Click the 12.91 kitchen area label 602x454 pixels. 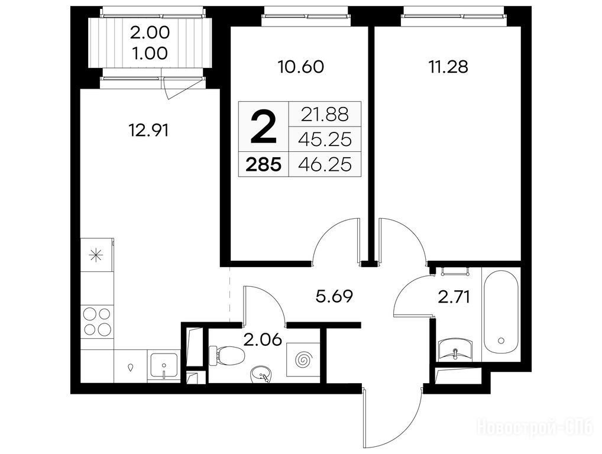(x=149, y=131)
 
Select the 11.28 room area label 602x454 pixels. (x=448, y=67)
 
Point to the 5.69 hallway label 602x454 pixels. (x=334, y=296)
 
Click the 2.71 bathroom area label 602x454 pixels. (x=454, y=297)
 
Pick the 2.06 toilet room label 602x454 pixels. (x=266, y=340)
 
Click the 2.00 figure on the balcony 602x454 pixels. (x=150, y=33)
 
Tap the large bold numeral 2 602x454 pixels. (x=263, y=127)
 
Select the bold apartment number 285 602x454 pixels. (x=263, y=165)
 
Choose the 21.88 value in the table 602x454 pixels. (x=325, y=114)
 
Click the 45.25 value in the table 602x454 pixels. (x=325, y=140)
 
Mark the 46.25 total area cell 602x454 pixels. (x=325, y=165)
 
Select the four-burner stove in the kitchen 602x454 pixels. (x=97, y=322)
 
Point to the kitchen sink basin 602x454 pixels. (x=164, y=365)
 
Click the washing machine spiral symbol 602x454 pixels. (x=304, y=360)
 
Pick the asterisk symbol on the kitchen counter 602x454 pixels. (x=96, y=255)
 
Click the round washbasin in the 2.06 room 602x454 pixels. (x=261, y=374)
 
